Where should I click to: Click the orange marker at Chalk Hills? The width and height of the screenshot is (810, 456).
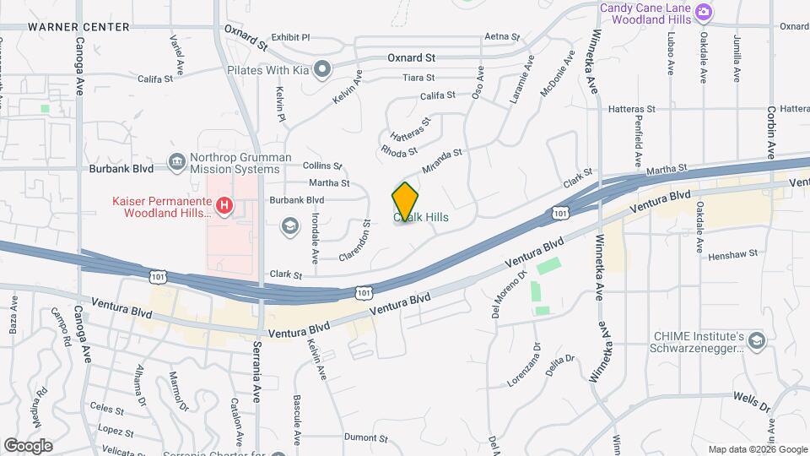pyautogui.click(x=406, y=201)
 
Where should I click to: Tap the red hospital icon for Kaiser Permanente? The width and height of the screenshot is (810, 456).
pyautogui.click(x=224, y=205)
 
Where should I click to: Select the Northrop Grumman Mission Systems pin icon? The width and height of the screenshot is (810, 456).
pyautogui.click(x=177, y=161)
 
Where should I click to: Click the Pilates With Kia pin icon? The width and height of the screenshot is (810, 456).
pyautogui.click(x=322, y=68)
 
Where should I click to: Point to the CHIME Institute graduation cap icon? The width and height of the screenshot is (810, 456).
pyautogui.click(x=756, y=340)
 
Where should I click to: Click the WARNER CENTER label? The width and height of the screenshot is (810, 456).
pyautogui.click(x=78, y=27)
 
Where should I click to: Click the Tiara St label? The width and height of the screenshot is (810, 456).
pyautogui.click(x=418, y=77)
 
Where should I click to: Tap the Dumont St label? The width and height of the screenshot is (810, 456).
pyautogui.click(x=365, y=438)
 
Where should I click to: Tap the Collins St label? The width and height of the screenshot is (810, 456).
pyautogui.click(x=322, y=166)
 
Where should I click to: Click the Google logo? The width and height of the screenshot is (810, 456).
pyautogui.click(x=28, y=445)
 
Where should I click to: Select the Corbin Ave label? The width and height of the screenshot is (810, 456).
pyautogui.click(x=770, y=133)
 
